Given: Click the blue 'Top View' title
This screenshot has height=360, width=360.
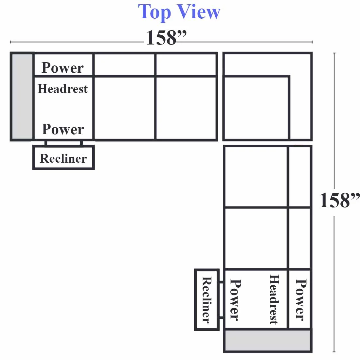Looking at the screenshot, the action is (x=179, y=12).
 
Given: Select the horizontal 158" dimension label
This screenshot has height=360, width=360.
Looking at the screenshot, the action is (x=166, y=37).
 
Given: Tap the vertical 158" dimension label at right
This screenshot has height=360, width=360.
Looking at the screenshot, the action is (x=340, y=200).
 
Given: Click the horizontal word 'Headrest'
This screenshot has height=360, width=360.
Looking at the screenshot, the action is (x=63, y=89).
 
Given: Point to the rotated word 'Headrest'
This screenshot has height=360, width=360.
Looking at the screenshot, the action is (x=274, y=299).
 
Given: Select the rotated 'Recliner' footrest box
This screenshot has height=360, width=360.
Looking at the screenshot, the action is (x=207, y=299).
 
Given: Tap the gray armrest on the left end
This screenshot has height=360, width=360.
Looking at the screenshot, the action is (x=22, y=97).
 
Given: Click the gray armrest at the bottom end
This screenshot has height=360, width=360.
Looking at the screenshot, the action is (x=267, y=340).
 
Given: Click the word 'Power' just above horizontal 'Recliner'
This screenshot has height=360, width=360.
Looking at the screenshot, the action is (x=63, y=129).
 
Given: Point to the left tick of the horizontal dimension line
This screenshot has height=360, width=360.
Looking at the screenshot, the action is (x=10, y=42).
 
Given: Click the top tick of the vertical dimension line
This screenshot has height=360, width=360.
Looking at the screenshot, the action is (x=334, y=53).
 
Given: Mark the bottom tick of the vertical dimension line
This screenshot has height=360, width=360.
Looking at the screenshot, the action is (x=334, y=351).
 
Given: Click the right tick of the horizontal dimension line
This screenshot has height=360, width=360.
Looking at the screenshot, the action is (x=312, y=42).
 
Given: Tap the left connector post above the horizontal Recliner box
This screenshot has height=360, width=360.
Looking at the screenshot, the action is (x=46, y=143).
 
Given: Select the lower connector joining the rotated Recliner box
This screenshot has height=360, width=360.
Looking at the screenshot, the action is (x=221, y=317).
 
